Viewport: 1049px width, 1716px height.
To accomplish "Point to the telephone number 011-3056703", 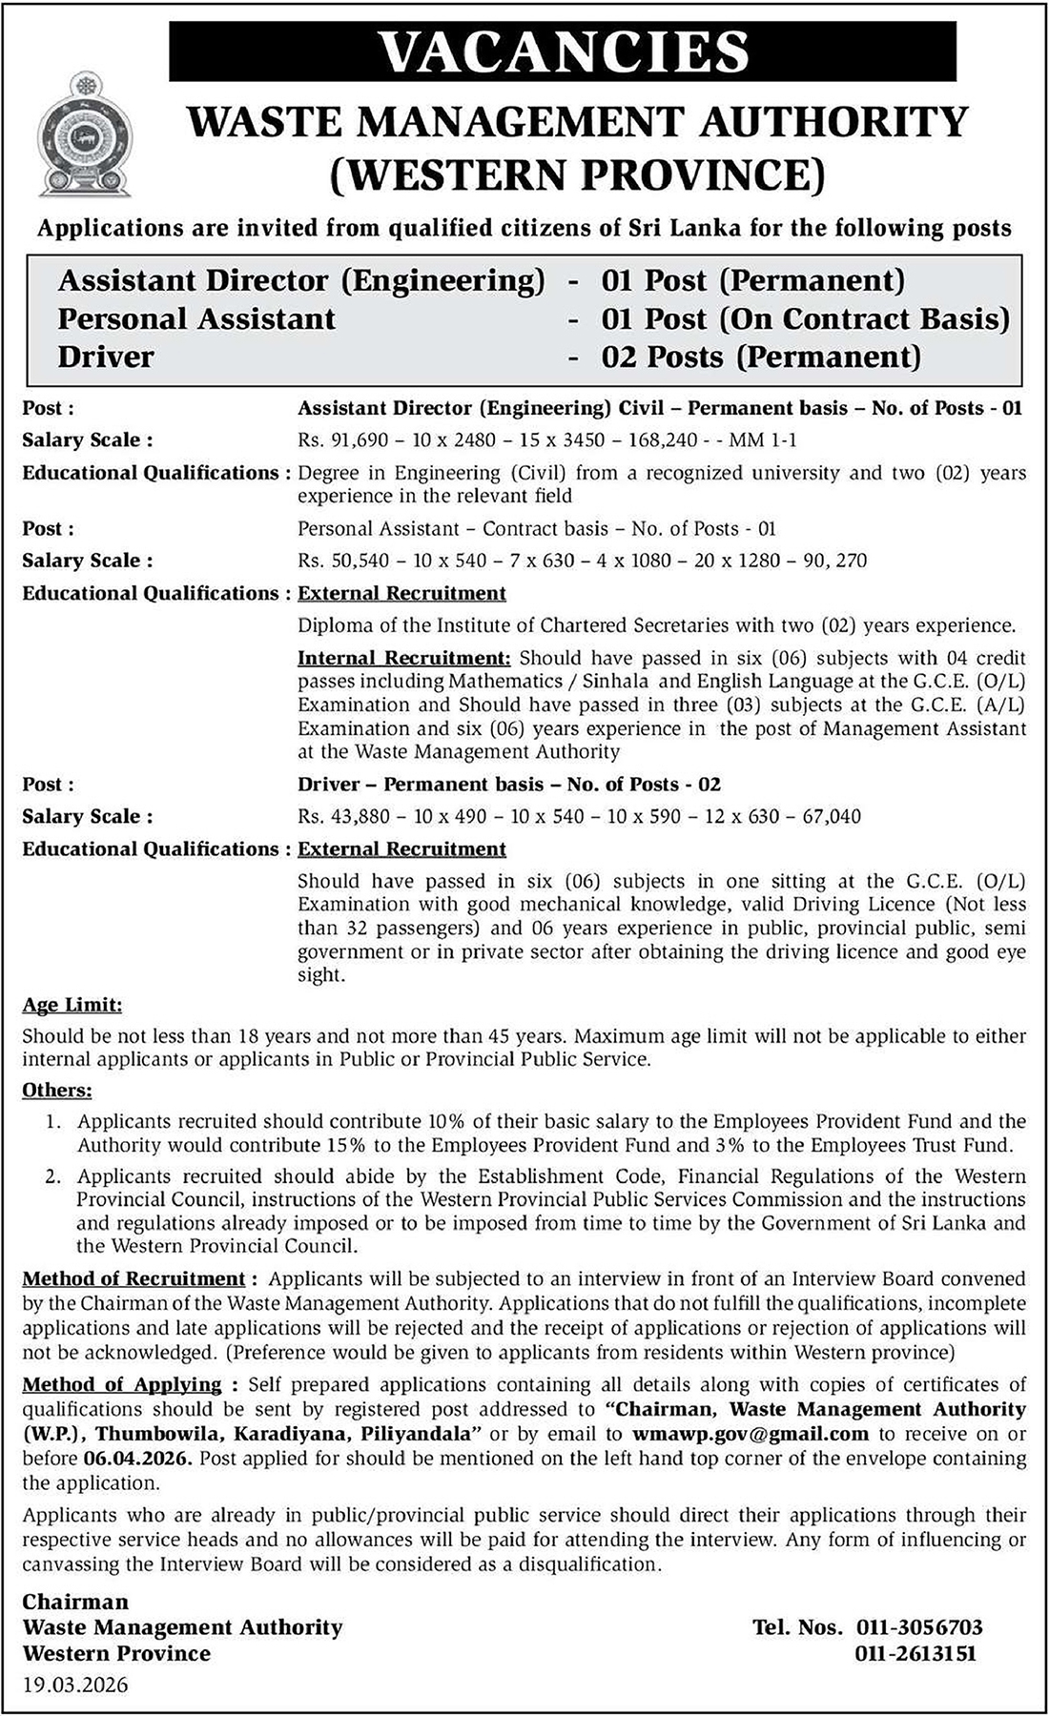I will tap(918, 1627).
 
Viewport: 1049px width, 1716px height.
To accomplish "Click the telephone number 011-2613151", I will tap(918, 1654).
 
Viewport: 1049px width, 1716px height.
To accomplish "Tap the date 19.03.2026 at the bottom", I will tap(75, 1685).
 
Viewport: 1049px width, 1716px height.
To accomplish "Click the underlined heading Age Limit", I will tap(72, 1005).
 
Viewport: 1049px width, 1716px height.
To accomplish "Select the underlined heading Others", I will tap(57, 1090).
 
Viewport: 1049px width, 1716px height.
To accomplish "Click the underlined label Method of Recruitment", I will tap(134, 1278).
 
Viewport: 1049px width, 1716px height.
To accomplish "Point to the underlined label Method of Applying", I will tap(122, 1384).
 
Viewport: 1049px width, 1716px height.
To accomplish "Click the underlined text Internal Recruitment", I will tap(404, 659).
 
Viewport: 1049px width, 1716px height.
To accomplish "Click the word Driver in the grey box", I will tap(106, 357).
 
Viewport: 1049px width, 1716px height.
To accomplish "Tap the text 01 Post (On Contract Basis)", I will tap(805, 319).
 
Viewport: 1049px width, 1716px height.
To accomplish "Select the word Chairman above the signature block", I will tap(75, 1602).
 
